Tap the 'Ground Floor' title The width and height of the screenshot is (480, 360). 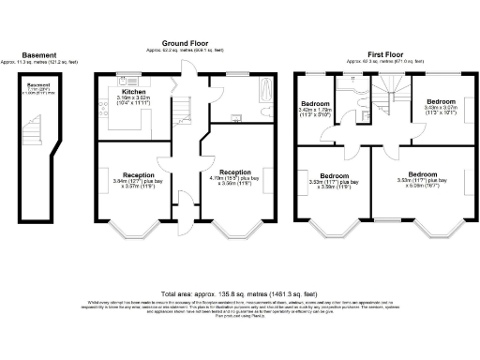(184, 43)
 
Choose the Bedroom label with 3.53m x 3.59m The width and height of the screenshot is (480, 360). (334, 180)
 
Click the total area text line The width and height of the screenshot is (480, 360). (239, 293)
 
